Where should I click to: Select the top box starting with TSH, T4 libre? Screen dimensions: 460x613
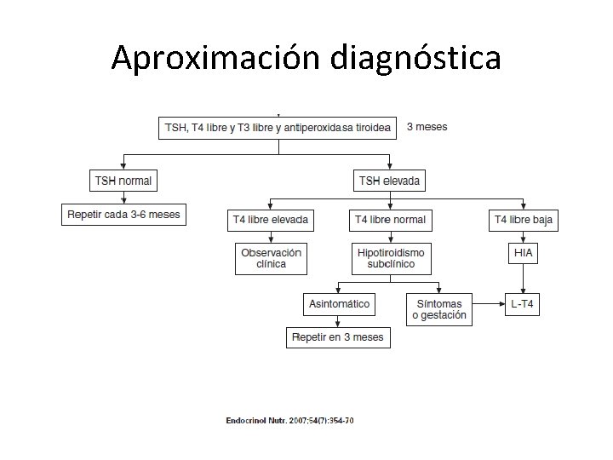point(278,128)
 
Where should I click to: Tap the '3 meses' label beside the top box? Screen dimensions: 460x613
point(427,127)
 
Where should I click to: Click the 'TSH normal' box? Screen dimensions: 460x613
point(124,181)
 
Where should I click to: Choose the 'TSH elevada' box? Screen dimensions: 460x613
point(389,181)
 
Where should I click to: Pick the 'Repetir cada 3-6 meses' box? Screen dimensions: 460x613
point(124,214)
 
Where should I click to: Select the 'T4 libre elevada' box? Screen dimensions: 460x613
point(271,220)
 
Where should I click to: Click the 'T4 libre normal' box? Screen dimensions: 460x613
point(390,220)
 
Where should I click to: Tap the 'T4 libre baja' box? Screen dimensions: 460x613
point(524,220)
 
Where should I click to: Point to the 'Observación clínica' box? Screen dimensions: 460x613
point(271,258)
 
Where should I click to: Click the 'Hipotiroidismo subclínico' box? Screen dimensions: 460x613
point(390,258)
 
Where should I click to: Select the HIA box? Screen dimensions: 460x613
point(524,253)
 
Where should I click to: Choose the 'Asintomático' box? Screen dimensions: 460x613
point(338,303)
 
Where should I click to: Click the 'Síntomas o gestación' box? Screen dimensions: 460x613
point(439,308)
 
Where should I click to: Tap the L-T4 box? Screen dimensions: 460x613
point(524,303)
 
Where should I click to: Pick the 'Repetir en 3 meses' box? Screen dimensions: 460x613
point(338,337)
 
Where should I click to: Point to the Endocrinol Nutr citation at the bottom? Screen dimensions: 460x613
point(289,419)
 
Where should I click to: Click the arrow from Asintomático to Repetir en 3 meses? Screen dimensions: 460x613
point(338,320)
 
